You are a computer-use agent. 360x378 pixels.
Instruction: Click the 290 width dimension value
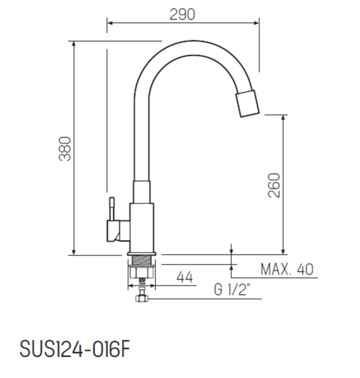point(183,14)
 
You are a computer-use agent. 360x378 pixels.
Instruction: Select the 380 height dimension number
point(65,149)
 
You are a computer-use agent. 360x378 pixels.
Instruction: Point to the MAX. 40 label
point(286,270)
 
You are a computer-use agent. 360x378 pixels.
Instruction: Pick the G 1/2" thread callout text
point(232,290)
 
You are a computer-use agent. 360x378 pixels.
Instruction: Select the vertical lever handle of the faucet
point(111,209)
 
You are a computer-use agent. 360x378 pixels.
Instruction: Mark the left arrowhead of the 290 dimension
point(110,24)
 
